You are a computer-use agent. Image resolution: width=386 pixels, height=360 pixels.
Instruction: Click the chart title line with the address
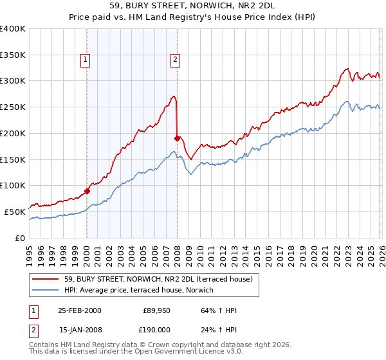tap(193, 6)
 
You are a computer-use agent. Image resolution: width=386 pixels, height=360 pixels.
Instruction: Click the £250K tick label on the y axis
tap(13, 107)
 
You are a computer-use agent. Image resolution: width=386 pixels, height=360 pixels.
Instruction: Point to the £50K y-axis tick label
tap(15, 212)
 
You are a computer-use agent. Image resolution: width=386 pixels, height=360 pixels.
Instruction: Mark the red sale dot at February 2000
tap(87, 191)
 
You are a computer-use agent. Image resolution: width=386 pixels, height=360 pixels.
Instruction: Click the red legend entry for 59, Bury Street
tap(161, 279)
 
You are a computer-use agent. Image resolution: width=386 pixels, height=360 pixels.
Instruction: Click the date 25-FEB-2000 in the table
tap(79, 310)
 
